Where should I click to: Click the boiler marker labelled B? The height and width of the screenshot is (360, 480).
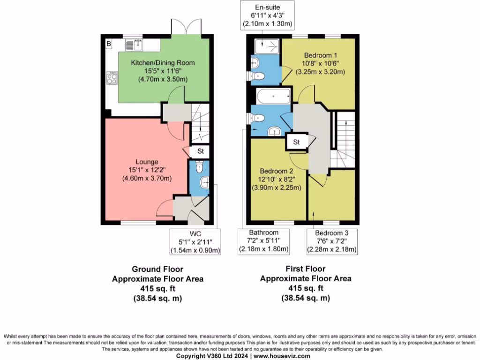click(109, 44)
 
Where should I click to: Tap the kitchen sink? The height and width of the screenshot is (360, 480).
click(135, 45)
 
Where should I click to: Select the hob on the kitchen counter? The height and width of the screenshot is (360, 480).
click(112, 77)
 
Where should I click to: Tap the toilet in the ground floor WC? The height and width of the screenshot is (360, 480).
click(199, 166)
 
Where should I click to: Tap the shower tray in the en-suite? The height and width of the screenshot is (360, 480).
click(268, 46)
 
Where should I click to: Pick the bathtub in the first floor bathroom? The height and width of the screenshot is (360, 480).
click(273, 97)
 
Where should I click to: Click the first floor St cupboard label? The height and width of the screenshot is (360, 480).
click(297, 142)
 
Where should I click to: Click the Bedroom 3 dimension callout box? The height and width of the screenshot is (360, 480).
click(332, 241)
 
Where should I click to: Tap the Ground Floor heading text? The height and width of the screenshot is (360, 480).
click(157, 269)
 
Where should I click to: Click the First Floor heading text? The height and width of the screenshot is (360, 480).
click(305, 269)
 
